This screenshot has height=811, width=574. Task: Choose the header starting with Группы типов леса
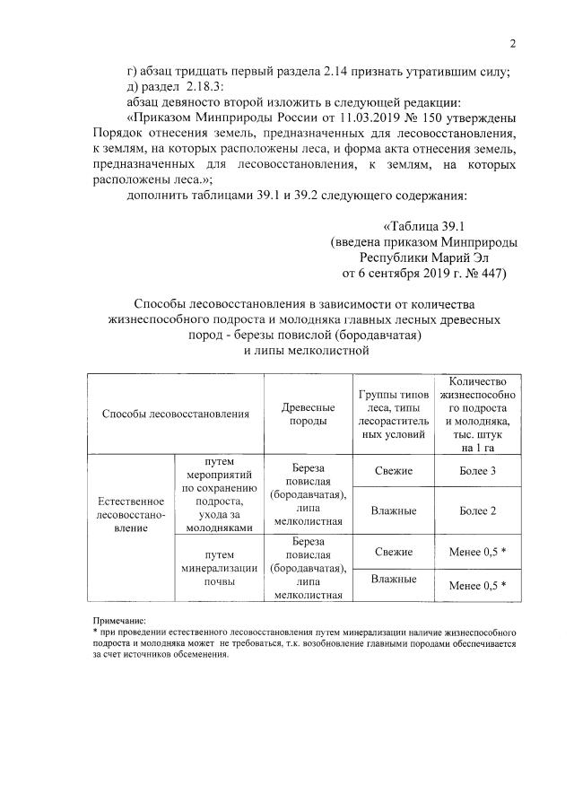(x=387, y=414)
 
